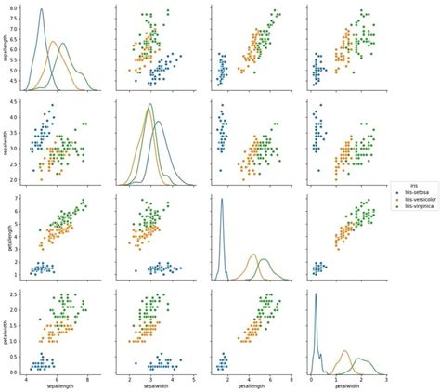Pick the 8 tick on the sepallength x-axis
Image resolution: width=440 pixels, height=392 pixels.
pos(87,378)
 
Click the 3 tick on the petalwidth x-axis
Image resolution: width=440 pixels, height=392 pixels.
pos(384,378)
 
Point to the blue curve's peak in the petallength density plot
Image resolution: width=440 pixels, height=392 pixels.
pos(222,200)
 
